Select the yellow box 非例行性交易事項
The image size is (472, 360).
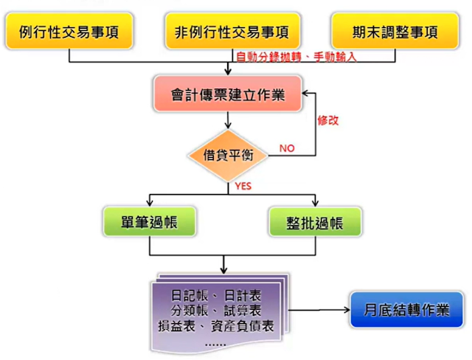click(231, 32)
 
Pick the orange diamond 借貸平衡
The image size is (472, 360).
click(229, 154)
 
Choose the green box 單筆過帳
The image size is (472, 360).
click(149, 221)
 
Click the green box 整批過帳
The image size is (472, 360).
click(315, 221)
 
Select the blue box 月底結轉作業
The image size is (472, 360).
click(406, 310)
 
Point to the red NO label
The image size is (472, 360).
click(286, 148)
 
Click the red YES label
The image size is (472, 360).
click(243, 187)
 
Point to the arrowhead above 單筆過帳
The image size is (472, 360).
click(149, 204)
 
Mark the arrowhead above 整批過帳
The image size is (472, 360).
click(315, 204)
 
